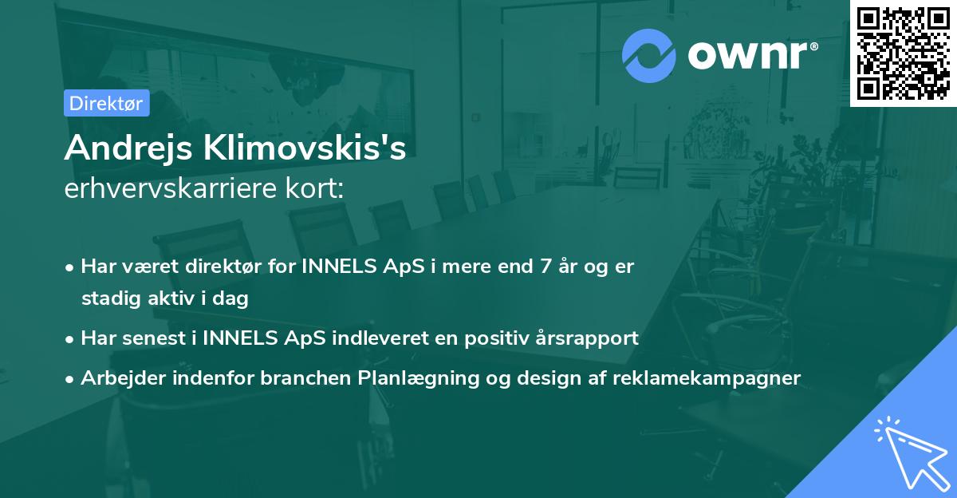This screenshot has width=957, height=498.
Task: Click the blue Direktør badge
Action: point(106,103)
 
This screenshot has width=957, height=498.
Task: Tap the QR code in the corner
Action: point(903,53)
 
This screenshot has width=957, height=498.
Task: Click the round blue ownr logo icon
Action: point(648,55)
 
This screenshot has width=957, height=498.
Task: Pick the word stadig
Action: point(108,299)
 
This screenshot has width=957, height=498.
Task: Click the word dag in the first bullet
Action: point(232,299)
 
